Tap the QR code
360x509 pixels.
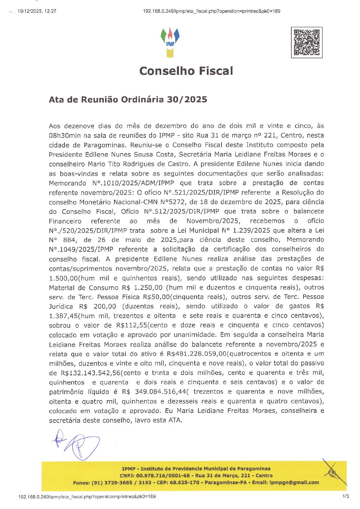[307, 43]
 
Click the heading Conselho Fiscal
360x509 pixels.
[186, 71]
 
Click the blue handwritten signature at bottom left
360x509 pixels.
[77, 445]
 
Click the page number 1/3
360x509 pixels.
[346, 496]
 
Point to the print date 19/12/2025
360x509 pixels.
[30, 11]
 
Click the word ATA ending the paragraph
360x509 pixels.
[175, 421]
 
